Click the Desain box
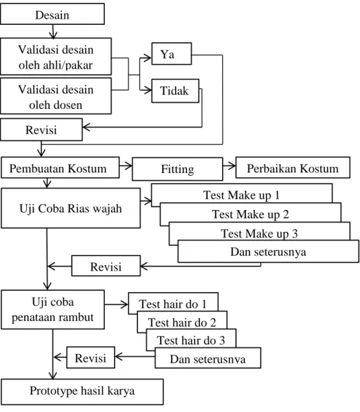pyautogui.click(x=52, y=14)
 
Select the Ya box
pyautogui.click(x=172, y=54)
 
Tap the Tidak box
pyautogui.click(x=175, y=91)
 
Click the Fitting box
pyautogui.click(x=177, y=169)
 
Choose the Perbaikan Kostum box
pyautogui.click(x=292, y=167)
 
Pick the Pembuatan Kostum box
pyautogui.click(x=60, y=167)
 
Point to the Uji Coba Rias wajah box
pyautogui.click(x=71, y=208)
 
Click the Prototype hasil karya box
pyautogui.click(x=82, y=392)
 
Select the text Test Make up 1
pyautogui.click(x=241, y=195)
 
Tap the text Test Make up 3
pyautogui.click(x=259, y=234)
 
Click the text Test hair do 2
pyautogui.click(x=182, y=322)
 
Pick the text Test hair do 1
pyautogui.click(x=173, y=305)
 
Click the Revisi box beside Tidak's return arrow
pyautogui.click(x=41, y=130)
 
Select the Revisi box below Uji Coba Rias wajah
pyautogui.click(x=106, y=266)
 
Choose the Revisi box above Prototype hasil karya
pyautogui.click(x=91, y=358)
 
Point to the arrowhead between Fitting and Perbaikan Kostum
pyautogui.click(x=232, y=166)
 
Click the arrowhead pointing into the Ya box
pyautogui.click(x=148, y=58)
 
